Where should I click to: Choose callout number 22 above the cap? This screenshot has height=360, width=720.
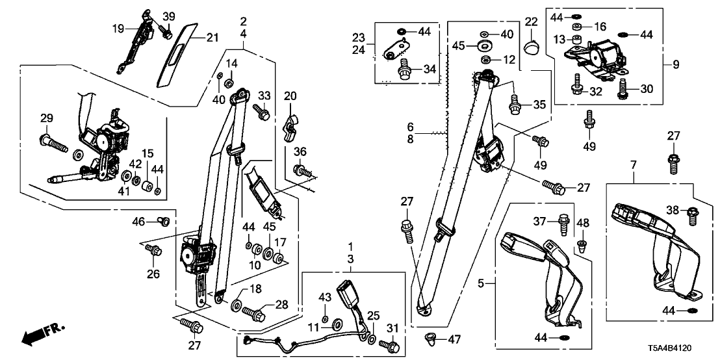tap(531, 23)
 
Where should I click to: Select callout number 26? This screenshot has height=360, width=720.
tap(153, 274)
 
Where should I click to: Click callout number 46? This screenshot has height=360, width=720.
tap(139, 222)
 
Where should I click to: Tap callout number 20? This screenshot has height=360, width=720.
tap(290, 96)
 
